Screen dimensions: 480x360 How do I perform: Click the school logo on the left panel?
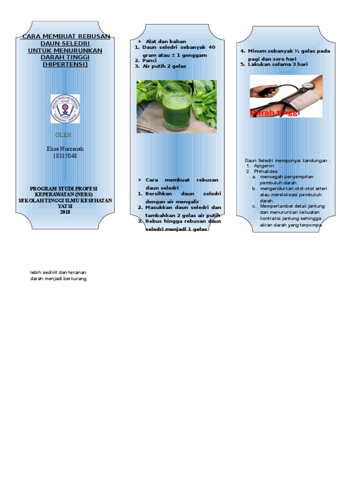(x=65, y=109)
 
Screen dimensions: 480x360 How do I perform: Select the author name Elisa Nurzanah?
(x=65, y=149)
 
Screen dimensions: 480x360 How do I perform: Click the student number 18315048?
(x=65, y=156)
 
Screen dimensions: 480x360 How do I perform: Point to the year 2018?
(x=65, y=212)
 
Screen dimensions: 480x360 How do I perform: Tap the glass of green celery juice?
(x=176, y=107)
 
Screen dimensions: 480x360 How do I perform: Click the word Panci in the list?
(x=149, y=60)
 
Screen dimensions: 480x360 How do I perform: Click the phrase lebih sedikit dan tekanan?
(x=58, y=272)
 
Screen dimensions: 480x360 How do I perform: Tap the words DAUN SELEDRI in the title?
(x=65, y=43)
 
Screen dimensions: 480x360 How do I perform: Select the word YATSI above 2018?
(x=65, y=206)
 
